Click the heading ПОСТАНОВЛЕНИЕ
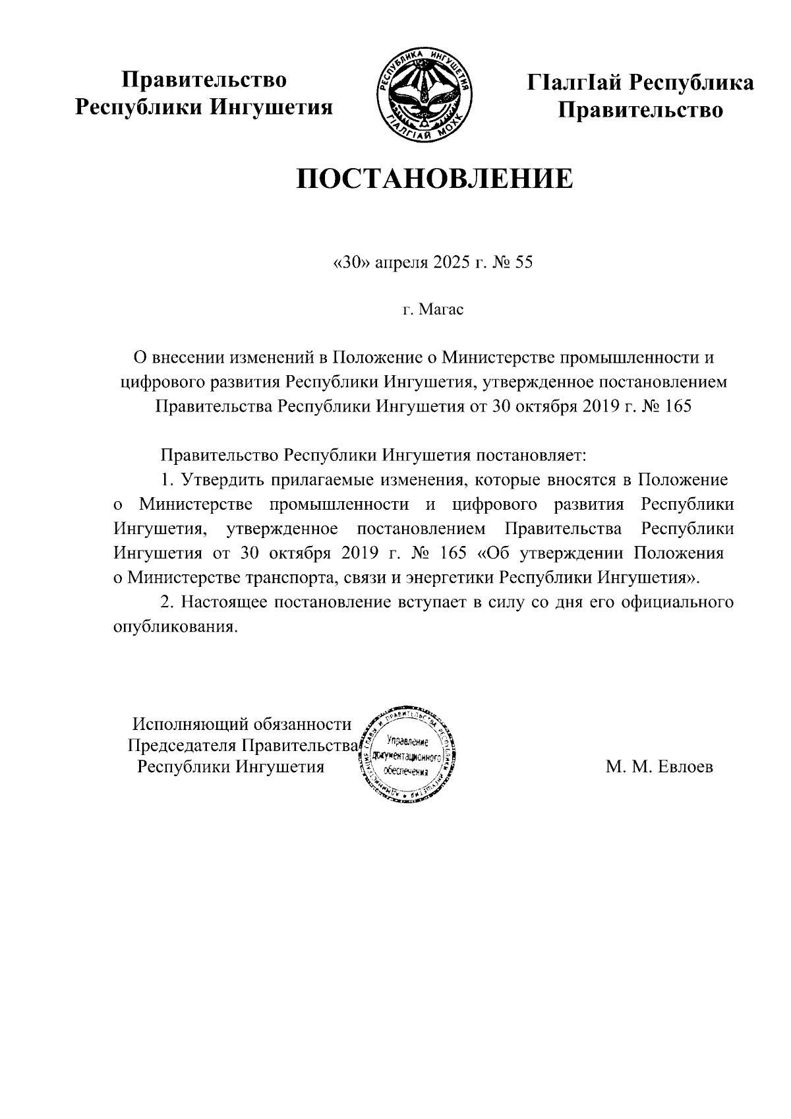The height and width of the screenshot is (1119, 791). coord(434,179)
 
